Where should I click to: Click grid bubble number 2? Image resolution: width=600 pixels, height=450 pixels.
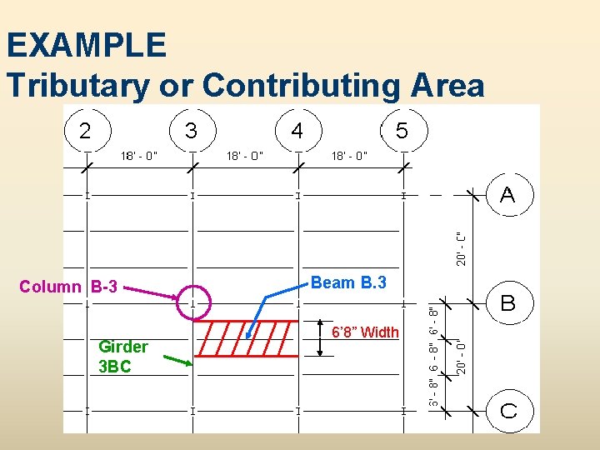click(x=85, y=130)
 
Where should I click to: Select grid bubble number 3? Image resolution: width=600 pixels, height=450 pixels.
click(x=191, y=130)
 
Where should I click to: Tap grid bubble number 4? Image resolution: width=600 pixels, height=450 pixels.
click(x=297, y=130)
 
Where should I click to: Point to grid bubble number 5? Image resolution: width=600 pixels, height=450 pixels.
click(x=402, y=130)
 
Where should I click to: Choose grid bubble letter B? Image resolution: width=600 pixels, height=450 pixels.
click(x=507, y=303)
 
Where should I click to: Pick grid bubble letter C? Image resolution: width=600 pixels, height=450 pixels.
click(x=507, y=410)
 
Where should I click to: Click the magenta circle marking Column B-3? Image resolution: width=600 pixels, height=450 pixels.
click(x=196, y=302)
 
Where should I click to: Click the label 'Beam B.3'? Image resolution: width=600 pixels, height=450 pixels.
click(x=348, y=282)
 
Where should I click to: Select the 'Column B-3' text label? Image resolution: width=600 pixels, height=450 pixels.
click(x=68, y=287)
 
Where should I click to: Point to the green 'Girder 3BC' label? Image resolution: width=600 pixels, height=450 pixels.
click(x=122, y=356)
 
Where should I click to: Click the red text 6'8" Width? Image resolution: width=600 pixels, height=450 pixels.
click(x=366, y=332)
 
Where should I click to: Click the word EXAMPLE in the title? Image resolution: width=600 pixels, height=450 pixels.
click(x=86, y=45)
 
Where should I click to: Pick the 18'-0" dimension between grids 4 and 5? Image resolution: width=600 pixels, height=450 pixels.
click(x=350, y=155)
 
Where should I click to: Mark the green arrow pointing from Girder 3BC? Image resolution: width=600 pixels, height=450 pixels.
click(x=177, y=361)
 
